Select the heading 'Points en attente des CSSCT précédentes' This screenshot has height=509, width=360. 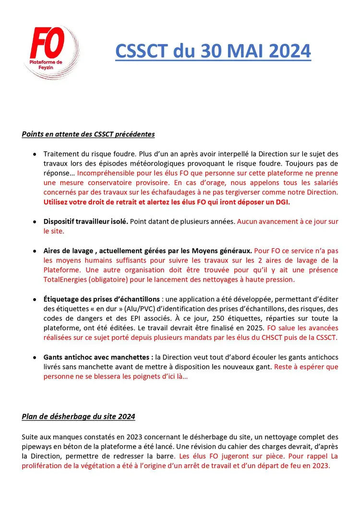click(88, 134)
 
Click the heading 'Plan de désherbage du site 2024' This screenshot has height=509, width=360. click(78, 416)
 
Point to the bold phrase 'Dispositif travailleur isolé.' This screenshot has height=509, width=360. click(85, 221)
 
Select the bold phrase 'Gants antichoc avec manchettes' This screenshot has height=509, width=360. click(98, 357)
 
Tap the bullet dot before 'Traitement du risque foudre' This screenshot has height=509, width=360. click(34, 154)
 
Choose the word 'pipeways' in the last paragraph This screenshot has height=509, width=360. click(36, 447)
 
